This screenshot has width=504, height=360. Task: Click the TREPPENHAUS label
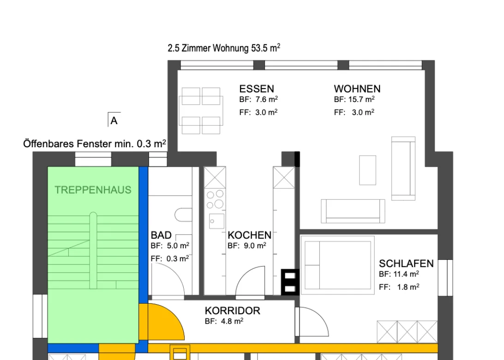pos(93,190)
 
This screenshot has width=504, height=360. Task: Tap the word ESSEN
pos(257,89)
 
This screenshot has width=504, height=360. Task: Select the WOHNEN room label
pos(357,89)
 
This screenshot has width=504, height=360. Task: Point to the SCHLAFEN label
pos(406,264)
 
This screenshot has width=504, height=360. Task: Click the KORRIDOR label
pos(233,311)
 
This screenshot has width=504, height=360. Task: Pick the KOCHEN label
pos(249,235)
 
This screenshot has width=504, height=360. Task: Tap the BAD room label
pos(161,235)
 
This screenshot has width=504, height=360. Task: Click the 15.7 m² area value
pos(361,99)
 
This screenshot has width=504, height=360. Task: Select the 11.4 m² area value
pos(406,274)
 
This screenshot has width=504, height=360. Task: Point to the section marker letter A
pos(114,121)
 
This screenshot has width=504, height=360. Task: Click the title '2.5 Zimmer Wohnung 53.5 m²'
pos(224,48)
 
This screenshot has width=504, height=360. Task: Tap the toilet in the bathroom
pos(183,215)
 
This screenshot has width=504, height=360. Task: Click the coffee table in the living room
pos(367,170)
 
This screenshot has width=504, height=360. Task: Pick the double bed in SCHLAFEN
pos(337,265)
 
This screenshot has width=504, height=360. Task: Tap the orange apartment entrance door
pos(162,322)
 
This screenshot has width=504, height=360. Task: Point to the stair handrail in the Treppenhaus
pos(93,251)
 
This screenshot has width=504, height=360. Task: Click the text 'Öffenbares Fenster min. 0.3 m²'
pos(95,144)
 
